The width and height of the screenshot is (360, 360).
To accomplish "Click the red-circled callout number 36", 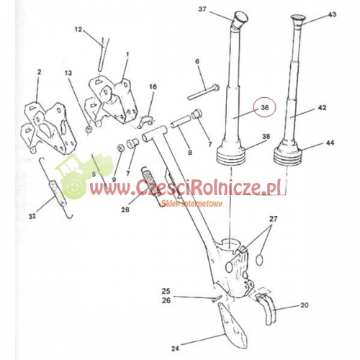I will [265, 107].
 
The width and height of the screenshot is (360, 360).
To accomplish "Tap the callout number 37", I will [202, 9].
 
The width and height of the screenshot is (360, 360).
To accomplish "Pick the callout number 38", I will [266, 136].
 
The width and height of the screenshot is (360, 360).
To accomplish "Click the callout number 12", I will [99, 30].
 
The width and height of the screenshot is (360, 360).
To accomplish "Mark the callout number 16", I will [153, 86].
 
